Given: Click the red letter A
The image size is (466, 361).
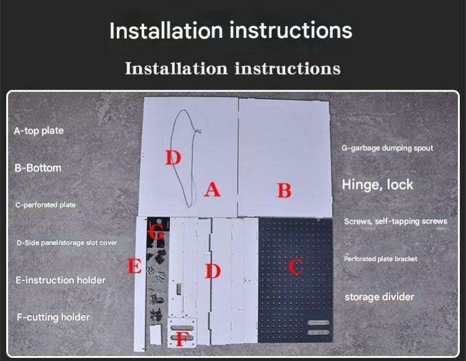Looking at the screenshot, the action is tap(213, 190).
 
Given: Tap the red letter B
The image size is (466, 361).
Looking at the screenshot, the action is tap(284, 190).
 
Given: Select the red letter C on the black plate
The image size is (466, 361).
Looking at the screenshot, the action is tap(296, 266).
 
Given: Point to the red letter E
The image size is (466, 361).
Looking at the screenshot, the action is tap(134, 266).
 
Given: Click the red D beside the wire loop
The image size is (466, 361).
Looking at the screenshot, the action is tap(173, 157).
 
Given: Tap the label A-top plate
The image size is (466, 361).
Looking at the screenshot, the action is tap(39, 130).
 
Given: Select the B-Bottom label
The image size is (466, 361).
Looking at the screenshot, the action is tap(38, 168).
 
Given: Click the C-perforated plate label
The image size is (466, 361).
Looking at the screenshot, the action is tap(45, 205).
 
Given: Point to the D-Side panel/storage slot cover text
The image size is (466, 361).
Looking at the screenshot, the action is tap(67, 243).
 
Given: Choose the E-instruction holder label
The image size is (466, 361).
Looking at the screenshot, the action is tap(60, 280).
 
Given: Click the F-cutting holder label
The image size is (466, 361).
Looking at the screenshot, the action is tap(54, 317).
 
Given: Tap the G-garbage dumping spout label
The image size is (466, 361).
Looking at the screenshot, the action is tap(387, 148).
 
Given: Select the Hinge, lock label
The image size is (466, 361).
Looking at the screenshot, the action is tap(378, 185).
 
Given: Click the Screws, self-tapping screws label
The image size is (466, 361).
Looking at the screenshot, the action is tap(396, 221).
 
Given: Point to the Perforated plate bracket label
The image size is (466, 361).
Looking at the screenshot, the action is tap(381, 259).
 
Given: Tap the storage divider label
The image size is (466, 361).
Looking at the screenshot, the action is tap(380, 297).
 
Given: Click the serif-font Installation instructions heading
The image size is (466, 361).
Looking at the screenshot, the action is tap(233, 68).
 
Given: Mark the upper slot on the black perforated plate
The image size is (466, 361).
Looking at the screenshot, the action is tap(319, 322).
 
